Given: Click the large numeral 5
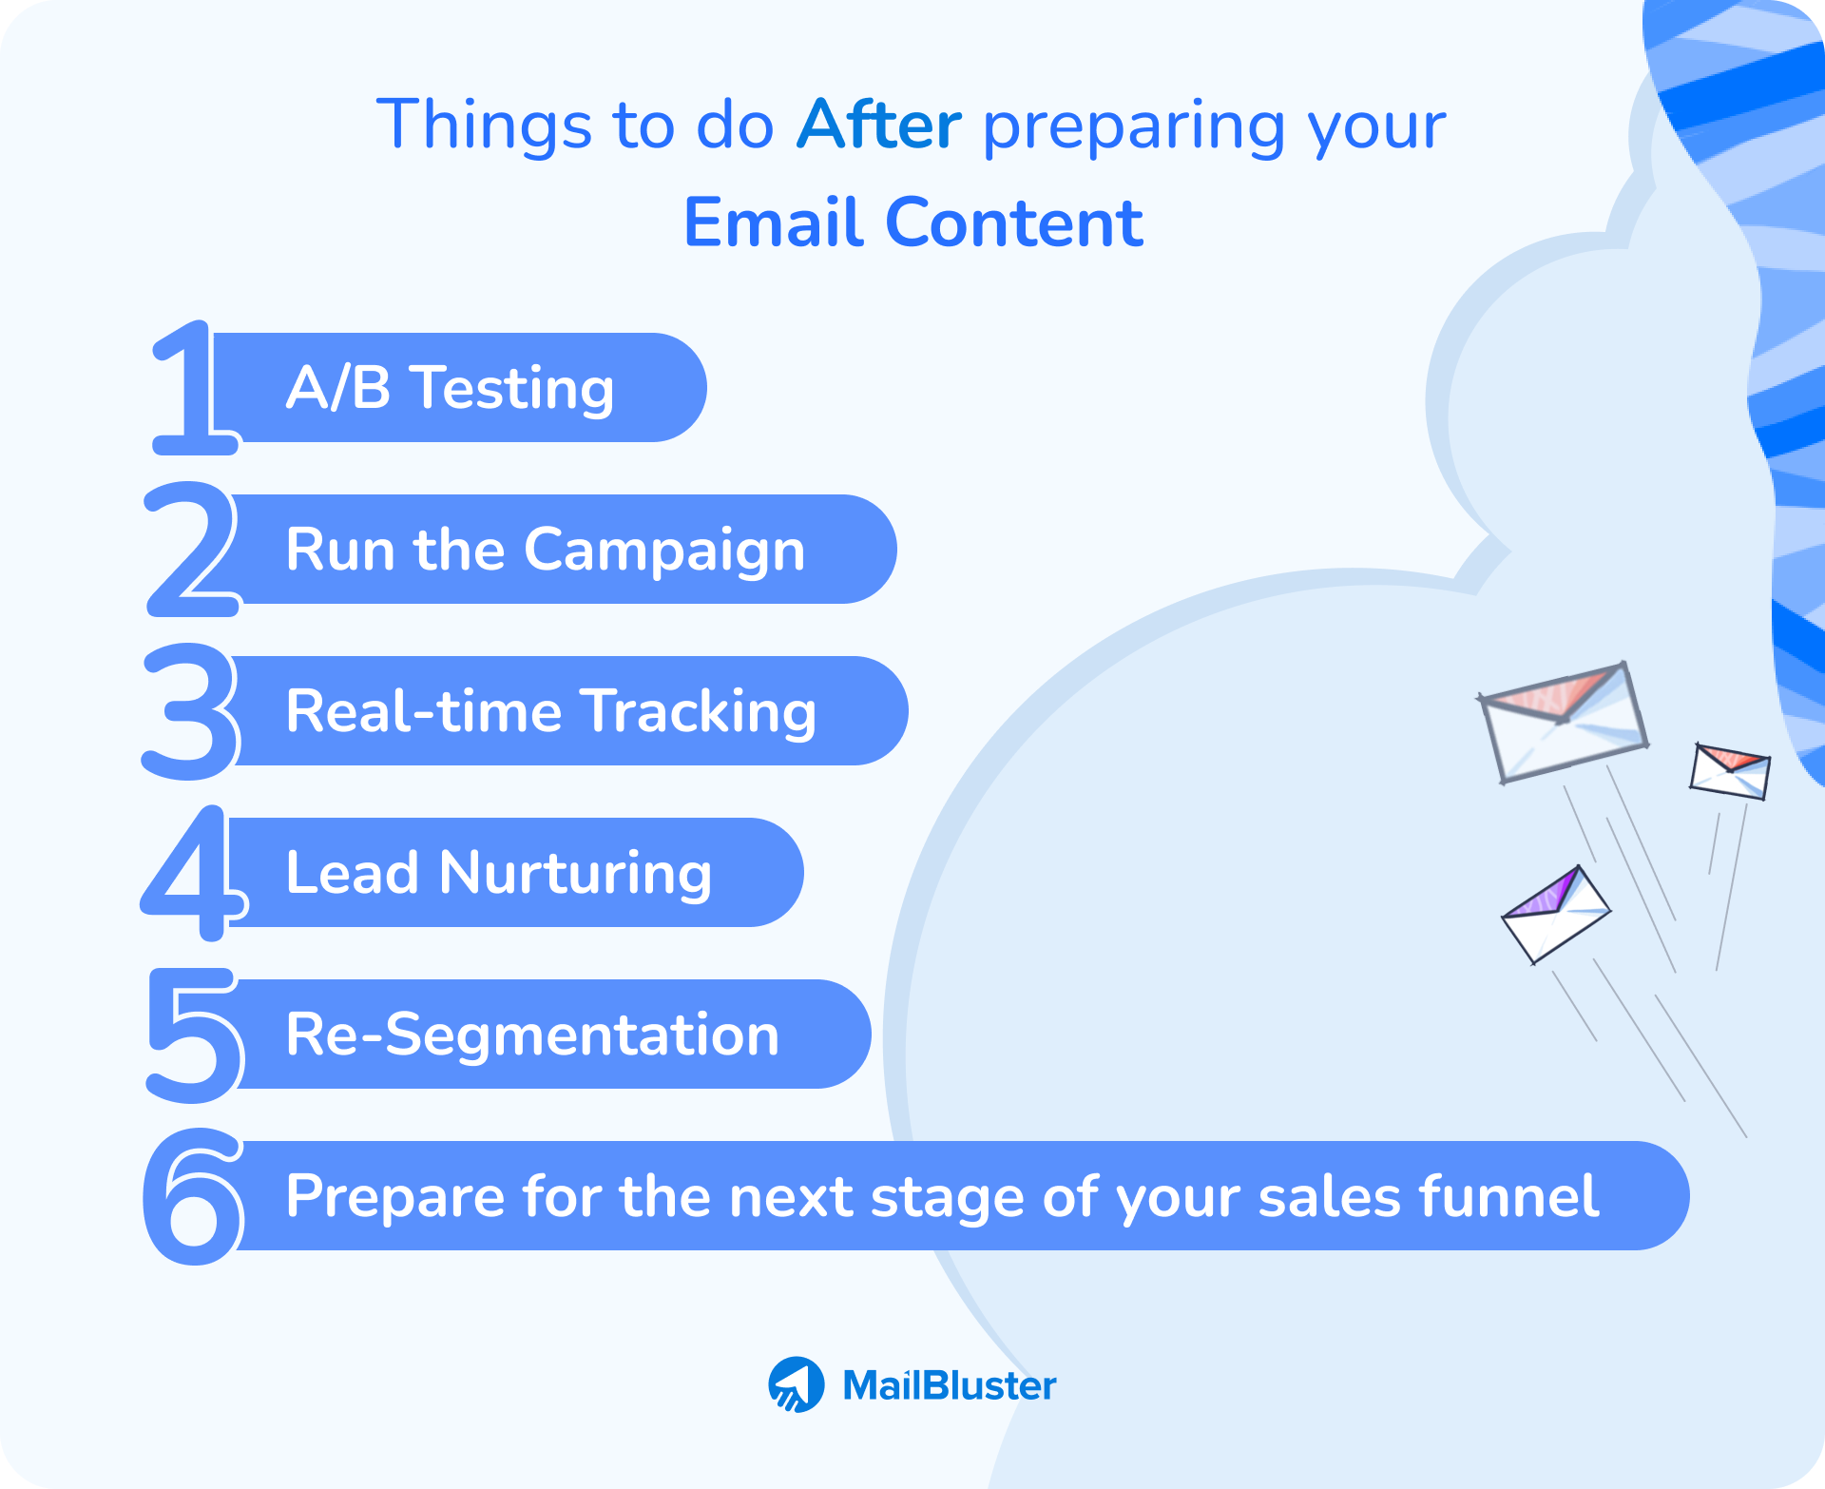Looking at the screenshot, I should (x=194, y=1035).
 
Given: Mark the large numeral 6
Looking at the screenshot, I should (x=193, y=1196).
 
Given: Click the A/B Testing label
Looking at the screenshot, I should (x=451, y=388).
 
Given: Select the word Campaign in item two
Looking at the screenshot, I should (x=664, y=551).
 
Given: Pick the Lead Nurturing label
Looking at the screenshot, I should (x=499, y=873).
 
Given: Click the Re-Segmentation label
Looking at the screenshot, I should (x=532, y=1035).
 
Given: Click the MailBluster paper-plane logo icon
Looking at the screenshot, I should (x=797, y=1384).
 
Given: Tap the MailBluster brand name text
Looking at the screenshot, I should (x=949, y=1385).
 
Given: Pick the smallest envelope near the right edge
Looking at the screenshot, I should (x=1729, y=771).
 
